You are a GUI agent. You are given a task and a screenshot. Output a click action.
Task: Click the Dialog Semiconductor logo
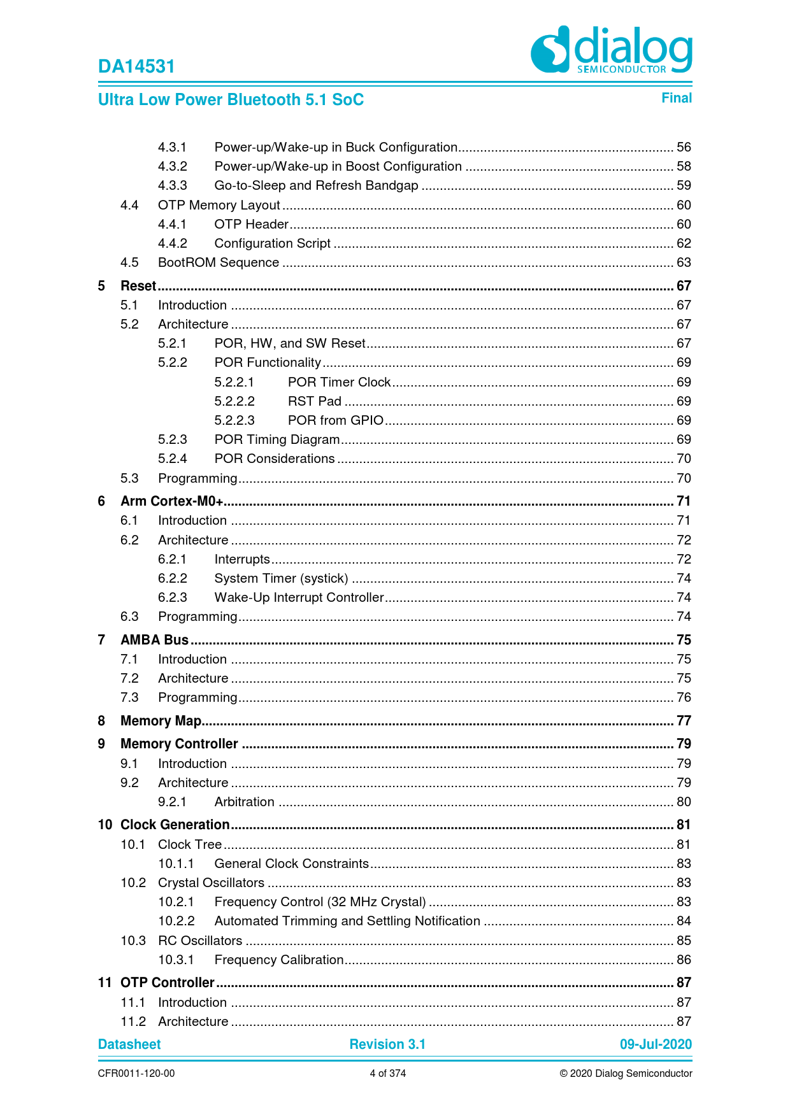(x=611, y=50)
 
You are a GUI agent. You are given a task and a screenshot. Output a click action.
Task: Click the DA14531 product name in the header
(x=136, y=67)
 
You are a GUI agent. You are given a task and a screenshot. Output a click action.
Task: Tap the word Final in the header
(x=676, y=98)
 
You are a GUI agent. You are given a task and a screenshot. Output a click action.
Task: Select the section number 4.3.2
(x=173, y=167)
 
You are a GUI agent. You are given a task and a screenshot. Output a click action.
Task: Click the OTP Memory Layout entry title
(x=219, y=205)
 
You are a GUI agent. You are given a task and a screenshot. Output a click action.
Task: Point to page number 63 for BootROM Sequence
(x=684, y=263)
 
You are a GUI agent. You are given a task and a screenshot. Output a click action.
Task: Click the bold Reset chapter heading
(x=138, y=286)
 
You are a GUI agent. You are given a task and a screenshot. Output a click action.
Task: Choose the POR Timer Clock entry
(x=339, y=382)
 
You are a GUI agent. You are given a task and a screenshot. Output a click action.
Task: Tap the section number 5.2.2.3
(x=234, y=420)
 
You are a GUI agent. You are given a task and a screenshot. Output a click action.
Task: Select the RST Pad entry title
(x=315, y=401)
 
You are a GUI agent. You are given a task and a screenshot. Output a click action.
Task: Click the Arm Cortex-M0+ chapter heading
(x=171, y=501)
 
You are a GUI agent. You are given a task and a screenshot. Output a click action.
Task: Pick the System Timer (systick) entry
(x=281, y=578)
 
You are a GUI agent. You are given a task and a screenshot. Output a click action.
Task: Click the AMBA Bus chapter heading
(x=155, y=640)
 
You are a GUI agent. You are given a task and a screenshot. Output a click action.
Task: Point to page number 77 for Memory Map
(x=684, y=721)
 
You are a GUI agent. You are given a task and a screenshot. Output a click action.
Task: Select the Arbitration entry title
(x=244, y=802)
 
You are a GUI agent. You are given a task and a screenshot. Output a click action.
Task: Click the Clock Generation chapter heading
(x=175, y=825)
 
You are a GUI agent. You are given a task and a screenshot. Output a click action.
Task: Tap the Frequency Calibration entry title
(x=279, y=960)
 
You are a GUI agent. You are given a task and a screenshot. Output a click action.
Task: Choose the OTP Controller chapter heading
(x=168, y=983)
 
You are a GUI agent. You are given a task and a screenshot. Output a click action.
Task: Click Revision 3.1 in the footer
(x=387, y=1044)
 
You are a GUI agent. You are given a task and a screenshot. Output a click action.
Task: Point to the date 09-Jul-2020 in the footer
(x=656, y=1044)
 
